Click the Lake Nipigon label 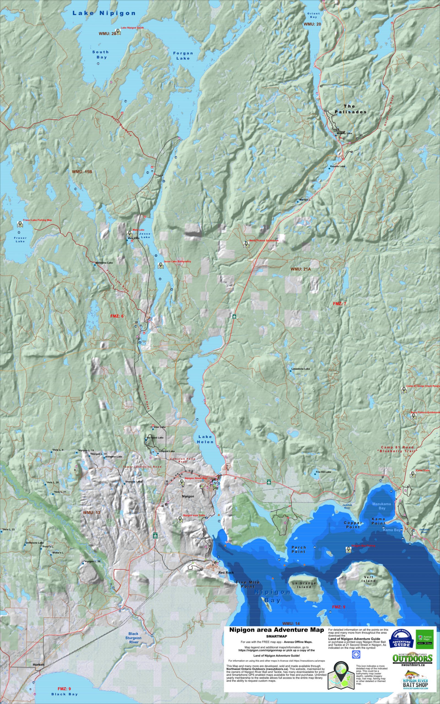pos(104,13)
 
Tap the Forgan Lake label pos(183,56)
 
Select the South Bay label pos(100,55)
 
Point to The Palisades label pos(350,109)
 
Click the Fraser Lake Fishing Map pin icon pos(20,224)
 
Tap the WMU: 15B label pos(82,172)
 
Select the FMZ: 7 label pos(340,303)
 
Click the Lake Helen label pos(205,439)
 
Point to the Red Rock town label pos(226,573)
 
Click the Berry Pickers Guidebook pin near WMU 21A pos(246,245)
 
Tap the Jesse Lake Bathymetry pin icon pos(160,265)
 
